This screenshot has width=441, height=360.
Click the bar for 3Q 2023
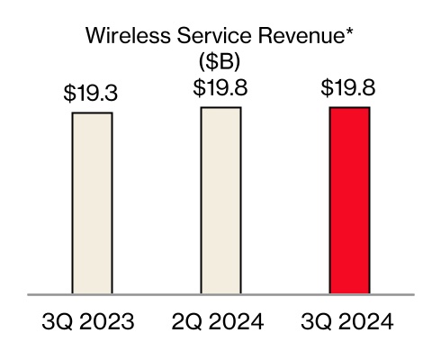coord(92,203)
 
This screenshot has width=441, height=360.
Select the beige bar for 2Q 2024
coord(220,201)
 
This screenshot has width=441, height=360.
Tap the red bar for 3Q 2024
coord(349,201)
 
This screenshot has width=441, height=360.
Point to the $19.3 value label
coord(92,94)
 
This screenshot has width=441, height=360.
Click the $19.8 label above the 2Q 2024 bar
coord(220,88)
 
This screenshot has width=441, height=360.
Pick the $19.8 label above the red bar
coord(349,88)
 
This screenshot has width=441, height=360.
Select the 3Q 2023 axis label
coord(92,322)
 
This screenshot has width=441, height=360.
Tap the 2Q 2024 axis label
coord(220,322)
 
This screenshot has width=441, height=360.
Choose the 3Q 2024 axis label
coord(349,322)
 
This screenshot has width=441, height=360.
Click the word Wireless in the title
coord(121,37)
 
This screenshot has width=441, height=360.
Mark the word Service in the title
coord(205,37)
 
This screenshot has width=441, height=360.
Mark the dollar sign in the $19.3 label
coord(69,94)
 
